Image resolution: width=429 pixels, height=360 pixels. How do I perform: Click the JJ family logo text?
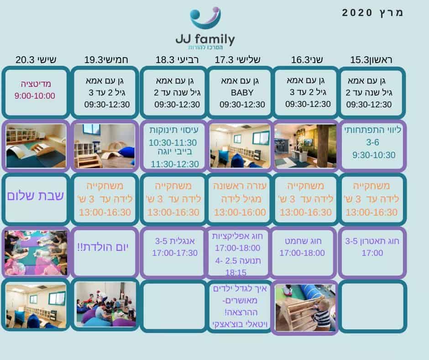[205, 39]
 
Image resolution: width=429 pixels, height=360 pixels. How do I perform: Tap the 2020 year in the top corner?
[357, 13]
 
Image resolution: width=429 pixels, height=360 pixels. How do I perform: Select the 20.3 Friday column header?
[36, 60]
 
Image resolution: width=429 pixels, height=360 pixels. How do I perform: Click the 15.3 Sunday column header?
[371, 60]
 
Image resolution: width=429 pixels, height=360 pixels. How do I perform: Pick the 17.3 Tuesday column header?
[237, 60]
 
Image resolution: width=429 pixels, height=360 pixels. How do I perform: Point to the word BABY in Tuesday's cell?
[242, 93]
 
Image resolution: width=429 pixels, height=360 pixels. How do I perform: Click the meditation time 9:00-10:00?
[35, 96]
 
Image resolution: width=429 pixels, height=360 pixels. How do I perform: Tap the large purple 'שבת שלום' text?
[35, 196]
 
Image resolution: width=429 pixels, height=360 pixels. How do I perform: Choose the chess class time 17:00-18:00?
[302, 253]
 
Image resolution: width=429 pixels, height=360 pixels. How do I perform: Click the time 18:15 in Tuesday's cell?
[236, 273]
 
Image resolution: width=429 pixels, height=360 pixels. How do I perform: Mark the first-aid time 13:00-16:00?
[240, 212]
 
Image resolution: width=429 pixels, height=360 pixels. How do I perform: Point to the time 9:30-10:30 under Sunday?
[374, 155]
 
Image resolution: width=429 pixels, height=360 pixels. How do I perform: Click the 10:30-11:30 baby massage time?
[173, 143]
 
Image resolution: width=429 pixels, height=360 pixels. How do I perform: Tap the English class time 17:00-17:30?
[174, 253]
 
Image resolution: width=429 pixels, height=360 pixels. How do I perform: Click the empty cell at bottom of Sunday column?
[373, 306]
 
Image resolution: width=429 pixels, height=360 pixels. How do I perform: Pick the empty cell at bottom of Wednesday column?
[174, 306]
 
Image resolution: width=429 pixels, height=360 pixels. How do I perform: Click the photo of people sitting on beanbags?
[106, 304]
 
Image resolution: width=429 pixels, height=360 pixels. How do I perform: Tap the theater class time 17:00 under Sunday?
[372, 253]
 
